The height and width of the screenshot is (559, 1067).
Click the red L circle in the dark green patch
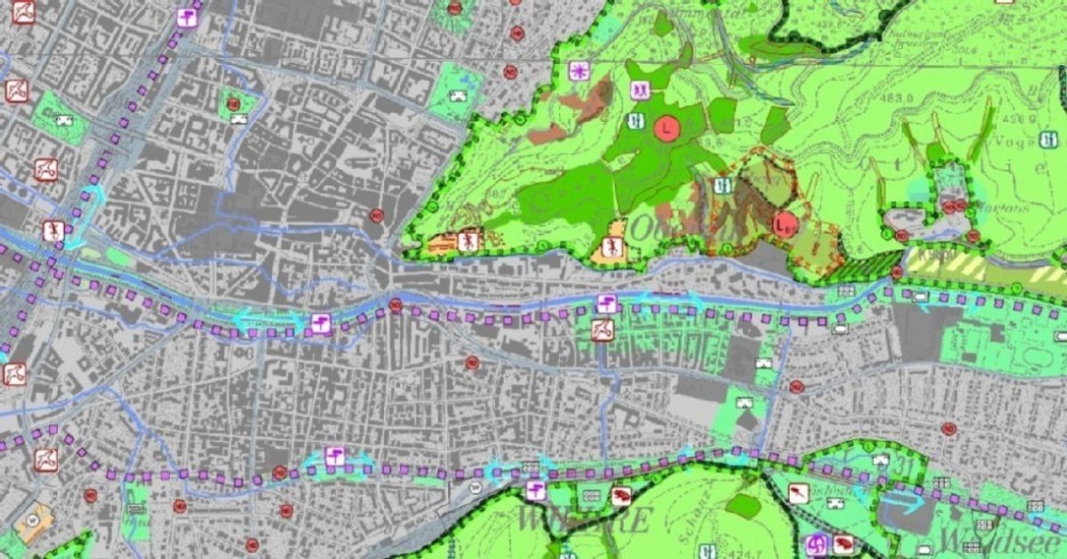click(666, 127)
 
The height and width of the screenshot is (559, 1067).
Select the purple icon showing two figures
click(639, 90)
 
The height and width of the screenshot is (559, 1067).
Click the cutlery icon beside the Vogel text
click(1047, 139)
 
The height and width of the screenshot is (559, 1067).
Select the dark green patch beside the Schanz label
click(744, 505)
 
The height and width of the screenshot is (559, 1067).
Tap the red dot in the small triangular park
click(233, 104)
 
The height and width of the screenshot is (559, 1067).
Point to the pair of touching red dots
click(955, 207)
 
